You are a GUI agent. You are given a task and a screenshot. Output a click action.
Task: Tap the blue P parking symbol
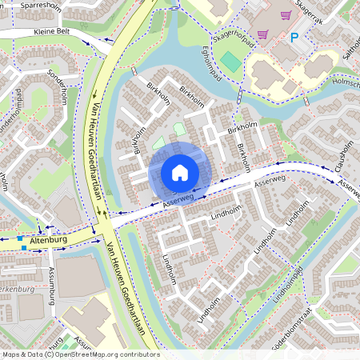tap(294, 37)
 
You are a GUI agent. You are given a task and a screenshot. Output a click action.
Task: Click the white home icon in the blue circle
tap(180, 173)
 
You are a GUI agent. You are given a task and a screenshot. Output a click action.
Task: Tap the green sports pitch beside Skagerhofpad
tap(230, 61)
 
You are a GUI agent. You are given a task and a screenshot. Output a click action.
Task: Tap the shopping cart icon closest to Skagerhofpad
tap(262, 34)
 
